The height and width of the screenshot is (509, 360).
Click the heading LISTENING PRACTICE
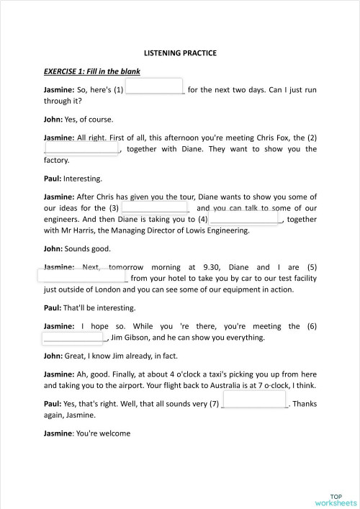point(180,53)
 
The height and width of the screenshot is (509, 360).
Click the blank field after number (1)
point(156,87)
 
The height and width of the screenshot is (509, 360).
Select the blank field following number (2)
point(81,148)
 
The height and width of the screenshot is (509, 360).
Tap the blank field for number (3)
point(155,207)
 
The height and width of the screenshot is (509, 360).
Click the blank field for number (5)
point(85,277)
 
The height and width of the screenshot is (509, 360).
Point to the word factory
point(56,161)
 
